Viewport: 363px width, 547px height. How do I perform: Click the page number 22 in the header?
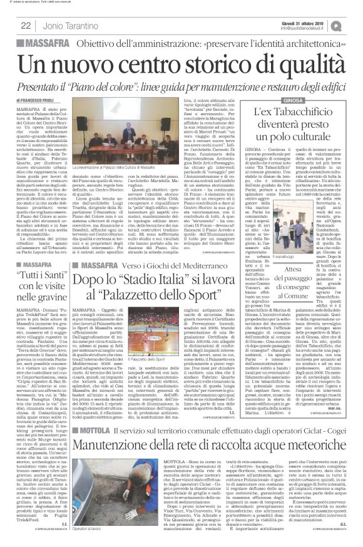26,25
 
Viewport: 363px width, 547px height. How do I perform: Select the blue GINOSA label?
280,100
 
